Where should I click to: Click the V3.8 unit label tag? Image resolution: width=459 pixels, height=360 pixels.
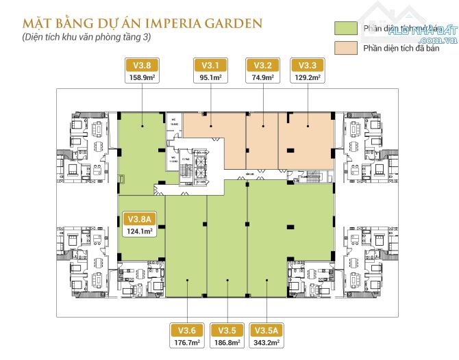[142, 66]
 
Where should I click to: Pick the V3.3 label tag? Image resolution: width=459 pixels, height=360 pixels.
[308, 66]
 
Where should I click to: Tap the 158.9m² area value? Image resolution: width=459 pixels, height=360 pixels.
[142, 77]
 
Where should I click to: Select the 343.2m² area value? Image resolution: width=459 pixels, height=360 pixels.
[269, 341]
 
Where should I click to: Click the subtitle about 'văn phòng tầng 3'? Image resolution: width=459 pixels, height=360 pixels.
[85, 37]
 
